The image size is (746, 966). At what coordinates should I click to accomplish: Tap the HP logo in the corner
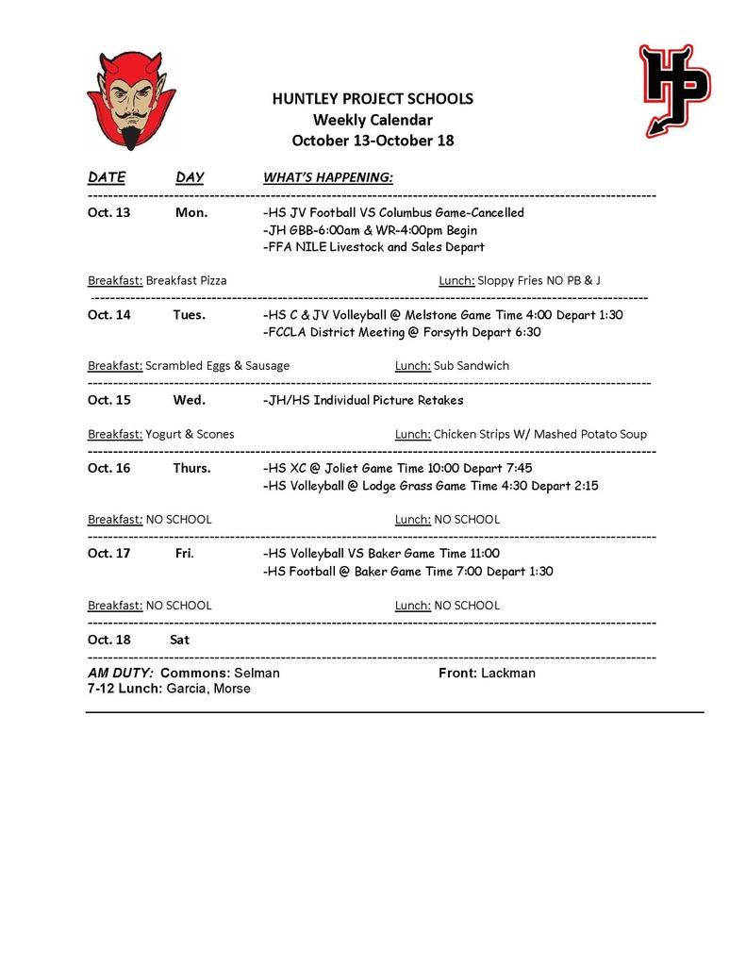click(674, 90)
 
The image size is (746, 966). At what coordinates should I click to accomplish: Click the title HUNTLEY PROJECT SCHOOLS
click(373, 99)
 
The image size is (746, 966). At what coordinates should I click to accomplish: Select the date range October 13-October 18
click(373, 141)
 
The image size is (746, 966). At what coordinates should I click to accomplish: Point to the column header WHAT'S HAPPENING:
click(327, 177)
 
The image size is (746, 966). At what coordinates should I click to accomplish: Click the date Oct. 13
click(109, 212)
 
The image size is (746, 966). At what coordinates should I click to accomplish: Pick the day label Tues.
click(189, 314)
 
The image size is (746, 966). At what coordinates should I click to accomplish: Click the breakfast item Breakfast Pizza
click(186, 280)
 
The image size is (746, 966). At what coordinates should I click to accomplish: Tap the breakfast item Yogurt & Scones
click(190, 434)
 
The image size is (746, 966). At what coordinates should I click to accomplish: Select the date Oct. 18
click(109, 640)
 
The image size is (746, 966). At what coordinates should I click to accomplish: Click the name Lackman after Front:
click(507, 673)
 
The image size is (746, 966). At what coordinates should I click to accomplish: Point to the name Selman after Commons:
click(257, 673)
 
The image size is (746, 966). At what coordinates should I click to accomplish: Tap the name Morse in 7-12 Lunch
click(232, 689)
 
